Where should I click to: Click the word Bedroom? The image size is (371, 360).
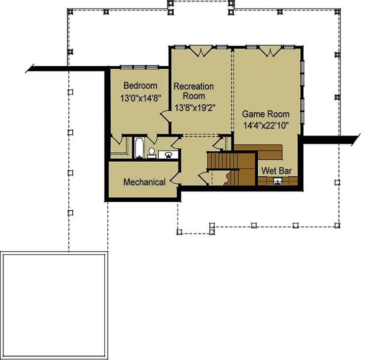pos(140,86)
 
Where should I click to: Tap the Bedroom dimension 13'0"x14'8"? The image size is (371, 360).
pos(140,98)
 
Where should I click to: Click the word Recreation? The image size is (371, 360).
pos(193,87)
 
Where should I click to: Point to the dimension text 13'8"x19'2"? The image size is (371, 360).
pos(195,108)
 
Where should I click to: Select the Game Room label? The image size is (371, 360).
pos(266,114)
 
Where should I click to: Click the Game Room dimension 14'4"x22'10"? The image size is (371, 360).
pos(266,126)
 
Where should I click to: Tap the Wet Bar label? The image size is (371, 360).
pos(277,171)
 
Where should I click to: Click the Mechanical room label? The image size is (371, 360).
pos(144,182)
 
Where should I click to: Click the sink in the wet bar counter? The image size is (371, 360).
pos(278,181)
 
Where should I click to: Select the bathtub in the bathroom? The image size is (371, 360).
pos(139,148)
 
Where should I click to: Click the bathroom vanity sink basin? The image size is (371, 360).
pos(168,155)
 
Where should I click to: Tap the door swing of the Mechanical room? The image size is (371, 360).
pos(175,179)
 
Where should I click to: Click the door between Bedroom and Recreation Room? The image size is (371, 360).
pos(165,116)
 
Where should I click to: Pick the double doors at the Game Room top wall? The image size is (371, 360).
pos(271,52)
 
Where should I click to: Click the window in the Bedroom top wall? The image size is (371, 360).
pos(139,67)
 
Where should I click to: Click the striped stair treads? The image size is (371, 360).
pos(223,161)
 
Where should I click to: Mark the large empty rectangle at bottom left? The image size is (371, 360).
pos(54,306)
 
